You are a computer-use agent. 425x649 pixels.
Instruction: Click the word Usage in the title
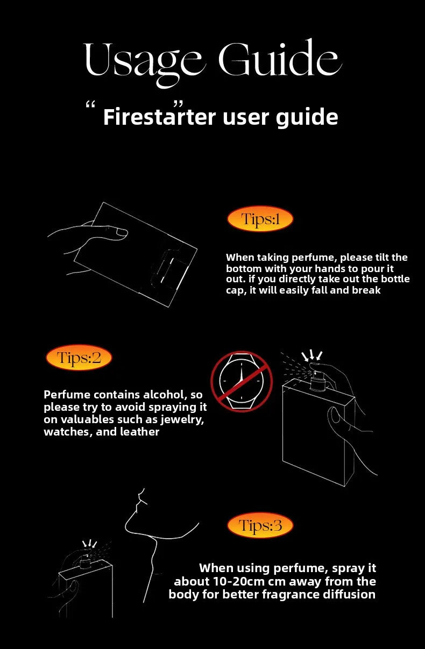143,62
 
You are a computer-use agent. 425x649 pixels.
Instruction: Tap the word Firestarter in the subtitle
159,117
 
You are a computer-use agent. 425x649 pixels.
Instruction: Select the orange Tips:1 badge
260,219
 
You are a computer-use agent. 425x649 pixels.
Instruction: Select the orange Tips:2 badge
79,357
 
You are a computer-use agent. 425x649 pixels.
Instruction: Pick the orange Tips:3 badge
260,525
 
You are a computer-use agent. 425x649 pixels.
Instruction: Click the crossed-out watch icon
242,382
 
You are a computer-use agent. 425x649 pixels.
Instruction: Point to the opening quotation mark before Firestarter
90,105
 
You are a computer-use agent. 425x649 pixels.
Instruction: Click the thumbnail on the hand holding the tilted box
121,232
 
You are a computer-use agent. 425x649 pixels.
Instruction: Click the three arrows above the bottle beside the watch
312,355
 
